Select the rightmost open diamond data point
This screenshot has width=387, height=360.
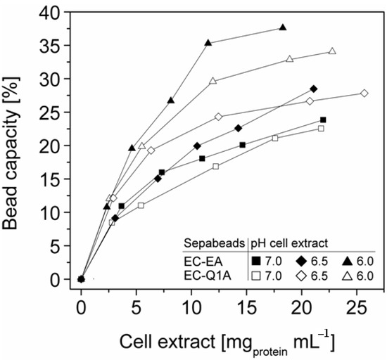click(364, 93)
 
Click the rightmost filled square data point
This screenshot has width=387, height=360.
click(323, 120)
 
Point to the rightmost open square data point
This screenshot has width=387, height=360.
click(321, 128)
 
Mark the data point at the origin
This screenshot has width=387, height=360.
click(81, 279)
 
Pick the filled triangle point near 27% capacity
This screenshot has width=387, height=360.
click(170, 101)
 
